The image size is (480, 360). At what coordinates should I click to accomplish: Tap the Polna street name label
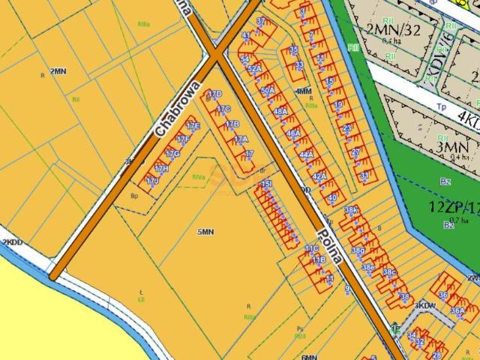pos(331,243)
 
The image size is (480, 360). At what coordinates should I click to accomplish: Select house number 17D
pos(214,94)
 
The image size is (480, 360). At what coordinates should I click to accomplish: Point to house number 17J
pos(152,181)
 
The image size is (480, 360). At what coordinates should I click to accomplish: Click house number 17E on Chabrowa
pos(193,126)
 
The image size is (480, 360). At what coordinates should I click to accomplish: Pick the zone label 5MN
pos(205,232)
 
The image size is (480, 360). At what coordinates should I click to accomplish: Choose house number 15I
pos(266,183)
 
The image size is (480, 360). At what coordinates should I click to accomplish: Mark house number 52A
pos(254,69)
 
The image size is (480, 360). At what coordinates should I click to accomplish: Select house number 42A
pos(319,175)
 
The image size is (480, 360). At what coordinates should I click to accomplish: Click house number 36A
pos(457,310)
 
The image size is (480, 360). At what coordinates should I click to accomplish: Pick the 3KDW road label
pos(426,306)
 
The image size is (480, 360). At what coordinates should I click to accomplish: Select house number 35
pos(294,49)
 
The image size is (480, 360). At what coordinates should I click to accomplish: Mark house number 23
pos(346,128)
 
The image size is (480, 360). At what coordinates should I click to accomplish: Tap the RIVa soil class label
pos(199,177)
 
